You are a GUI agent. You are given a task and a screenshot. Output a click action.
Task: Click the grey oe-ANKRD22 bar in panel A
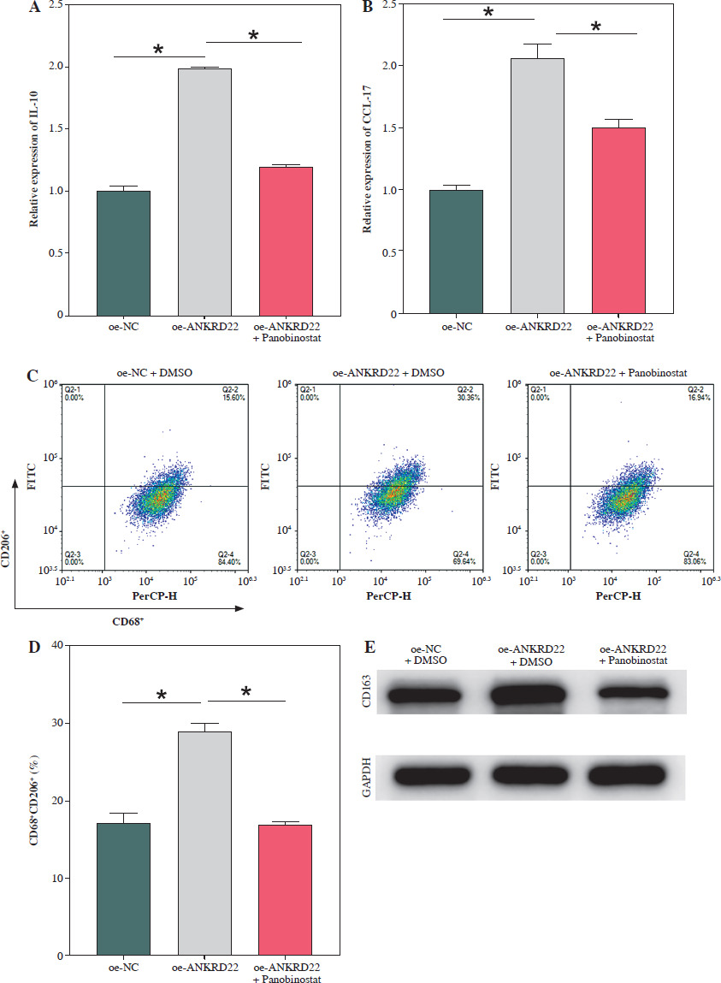[x=204, y=192]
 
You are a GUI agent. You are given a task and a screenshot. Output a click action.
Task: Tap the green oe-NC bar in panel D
[x=123, y=889]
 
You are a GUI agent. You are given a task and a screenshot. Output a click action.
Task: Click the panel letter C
[x=33, y=376]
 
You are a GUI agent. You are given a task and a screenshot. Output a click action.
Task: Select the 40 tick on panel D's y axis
[x=59, y=645]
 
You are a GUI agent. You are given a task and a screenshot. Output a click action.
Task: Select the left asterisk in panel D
[x=162, y=696]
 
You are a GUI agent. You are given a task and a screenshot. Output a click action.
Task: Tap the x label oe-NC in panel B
[x=457, y=326]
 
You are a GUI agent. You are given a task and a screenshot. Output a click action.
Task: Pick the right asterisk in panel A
[x=253, y=36]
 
